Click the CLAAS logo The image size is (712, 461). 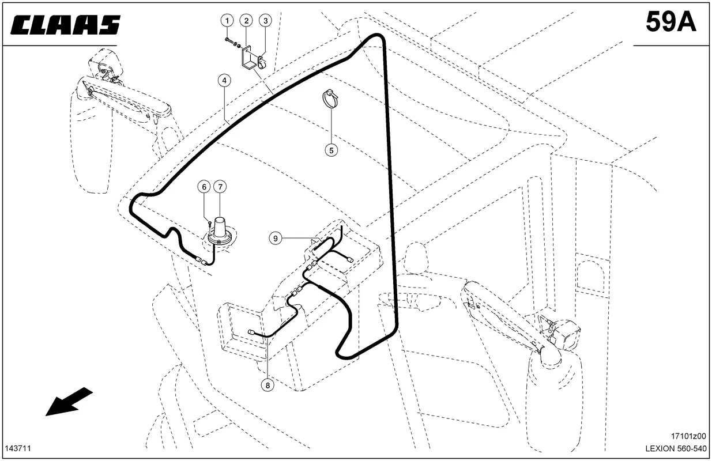(66, 25)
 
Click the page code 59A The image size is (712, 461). (671, 22)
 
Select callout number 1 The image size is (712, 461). (227, 21)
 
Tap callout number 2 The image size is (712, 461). (246, 21)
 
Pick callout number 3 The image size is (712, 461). (266, 21)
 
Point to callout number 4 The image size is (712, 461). (224, 81)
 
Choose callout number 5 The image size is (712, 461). (331, 150)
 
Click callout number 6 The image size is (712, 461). (204, 187)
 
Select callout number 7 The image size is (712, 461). (220, 187)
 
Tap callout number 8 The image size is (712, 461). (268, 386)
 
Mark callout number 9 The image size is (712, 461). (276, 239)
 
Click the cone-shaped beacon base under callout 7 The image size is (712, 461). (219, 231)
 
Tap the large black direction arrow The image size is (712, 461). (69, 402)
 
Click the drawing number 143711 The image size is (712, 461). (18, 448)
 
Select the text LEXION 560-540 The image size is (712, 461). (676, 448)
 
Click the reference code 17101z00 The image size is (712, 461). (688, 436)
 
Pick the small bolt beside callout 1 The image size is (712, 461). (229, 40)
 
